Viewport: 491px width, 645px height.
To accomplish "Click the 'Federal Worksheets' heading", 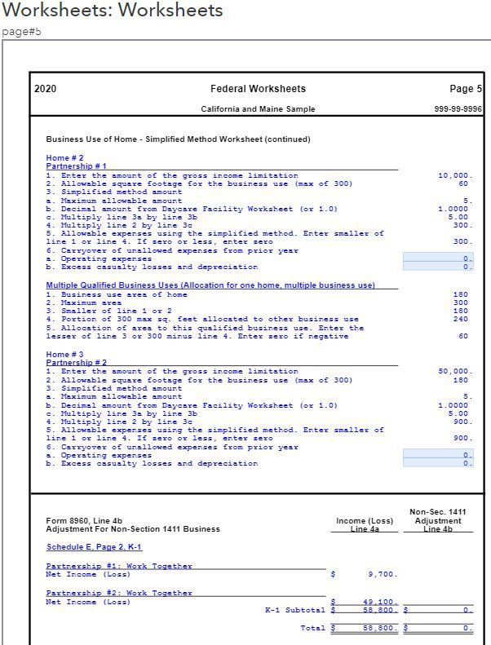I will click(258, 89).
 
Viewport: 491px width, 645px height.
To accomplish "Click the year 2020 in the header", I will click(46, 89).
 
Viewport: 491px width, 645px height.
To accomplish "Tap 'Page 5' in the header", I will click(466, 89).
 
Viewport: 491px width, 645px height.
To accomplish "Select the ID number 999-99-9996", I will click(459, 109).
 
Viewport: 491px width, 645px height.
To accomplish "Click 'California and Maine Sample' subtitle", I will click(258, 109).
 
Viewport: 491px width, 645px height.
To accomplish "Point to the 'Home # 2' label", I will click(65, 158).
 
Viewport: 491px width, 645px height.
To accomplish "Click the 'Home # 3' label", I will click(65, 355).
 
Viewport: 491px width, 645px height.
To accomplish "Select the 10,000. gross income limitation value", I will click(455, 175).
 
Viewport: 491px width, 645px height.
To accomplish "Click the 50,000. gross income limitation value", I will click(455, 372).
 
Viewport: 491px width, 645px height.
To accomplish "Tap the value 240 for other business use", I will click(462, 319).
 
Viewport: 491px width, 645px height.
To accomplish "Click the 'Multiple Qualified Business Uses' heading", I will click(210, 285).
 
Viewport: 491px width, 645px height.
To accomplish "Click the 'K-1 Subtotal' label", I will click(294, 610).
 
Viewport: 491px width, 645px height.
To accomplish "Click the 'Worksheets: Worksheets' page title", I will click(113, 11).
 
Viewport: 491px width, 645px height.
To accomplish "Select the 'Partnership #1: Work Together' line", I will click(119, 566).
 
